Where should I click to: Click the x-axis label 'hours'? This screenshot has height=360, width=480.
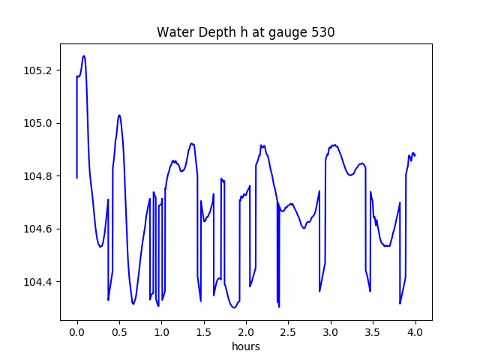[x=246, y=347]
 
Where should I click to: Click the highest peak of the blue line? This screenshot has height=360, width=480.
[x=84, y=55]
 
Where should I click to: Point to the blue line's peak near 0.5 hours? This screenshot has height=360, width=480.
[x=119, y=115]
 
